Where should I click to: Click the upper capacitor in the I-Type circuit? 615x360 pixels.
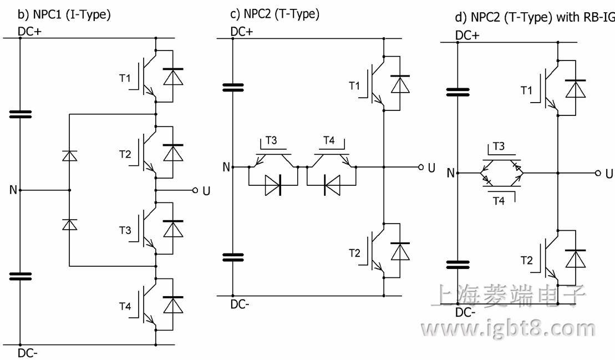click(x=21, y=115)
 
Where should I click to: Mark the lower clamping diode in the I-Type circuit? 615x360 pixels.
click(x=69, y=224)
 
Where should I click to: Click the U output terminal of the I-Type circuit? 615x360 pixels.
click(x=195, y=190)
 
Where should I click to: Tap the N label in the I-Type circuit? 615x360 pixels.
click(x=12, y=190)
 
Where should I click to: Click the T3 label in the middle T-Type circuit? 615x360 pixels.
click(x=271, y=141)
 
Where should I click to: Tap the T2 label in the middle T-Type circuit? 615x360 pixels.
click(x=354, y=253)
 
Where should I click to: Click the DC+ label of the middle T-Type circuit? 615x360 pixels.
click(x=243, y=32)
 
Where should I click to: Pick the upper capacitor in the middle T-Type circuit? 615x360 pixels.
click(x=233, y=87)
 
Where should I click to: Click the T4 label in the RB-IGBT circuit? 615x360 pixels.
click(x=499, y=201)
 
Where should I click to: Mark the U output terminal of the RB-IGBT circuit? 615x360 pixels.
click(x=598, y=173)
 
